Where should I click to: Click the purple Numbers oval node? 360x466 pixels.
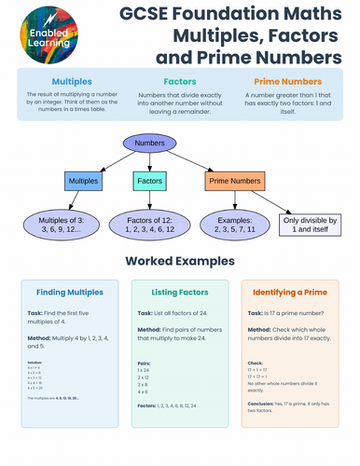point(149,144)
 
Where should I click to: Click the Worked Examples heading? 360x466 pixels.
point(180,261)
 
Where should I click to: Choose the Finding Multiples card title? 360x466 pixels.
point(70,292)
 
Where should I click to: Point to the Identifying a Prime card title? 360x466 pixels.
point(289,292)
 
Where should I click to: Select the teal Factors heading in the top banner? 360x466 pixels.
point(179,81)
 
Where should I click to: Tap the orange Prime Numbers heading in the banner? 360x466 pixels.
point(286,81)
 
